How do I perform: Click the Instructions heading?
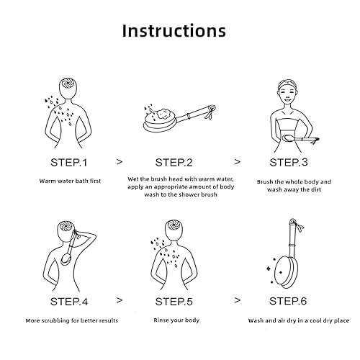point(174,31)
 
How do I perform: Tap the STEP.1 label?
point(68,163)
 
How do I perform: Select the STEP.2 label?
point(174,163)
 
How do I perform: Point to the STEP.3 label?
point(289,162)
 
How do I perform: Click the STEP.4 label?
point(69,302)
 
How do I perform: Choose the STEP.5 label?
point(174,302)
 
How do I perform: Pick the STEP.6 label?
point(288,301)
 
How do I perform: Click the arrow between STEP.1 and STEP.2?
point(120,162)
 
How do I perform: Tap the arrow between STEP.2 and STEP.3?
point(237,162)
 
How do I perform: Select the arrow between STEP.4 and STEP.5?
point(120,300)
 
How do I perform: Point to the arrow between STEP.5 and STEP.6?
point(237,300)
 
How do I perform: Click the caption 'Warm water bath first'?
point(70,181)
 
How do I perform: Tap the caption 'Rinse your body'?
point(176,320)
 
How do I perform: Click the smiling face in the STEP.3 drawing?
point(288,94)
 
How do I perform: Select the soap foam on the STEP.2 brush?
point(161,114)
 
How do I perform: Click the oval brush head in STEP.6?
point(285,272)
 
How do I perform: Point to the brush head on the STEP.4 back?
point(66,260)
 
